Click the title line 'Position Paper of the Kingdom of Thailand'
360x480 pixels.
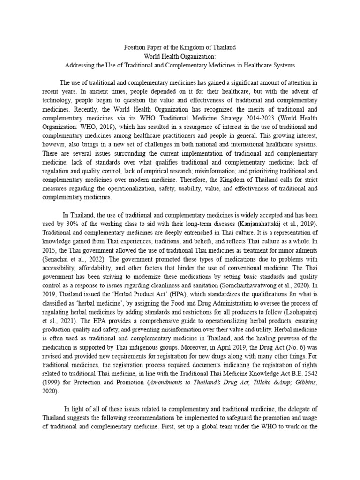pyautogui.click(x=180, y=48)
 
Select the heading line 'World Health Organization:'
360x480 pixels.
pyautogui.click(x=180, y=57)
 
